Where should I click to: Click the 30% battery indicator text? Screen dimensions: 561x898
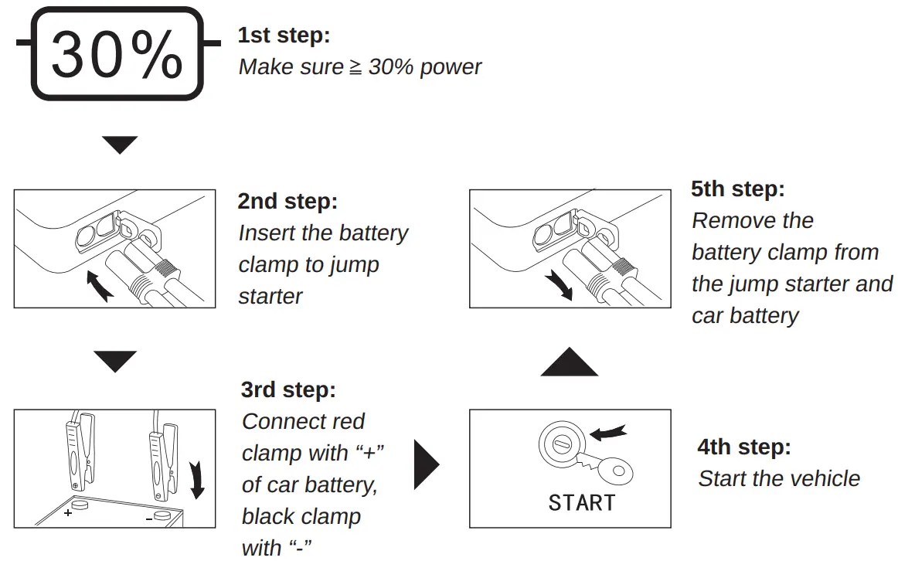coord(117,55)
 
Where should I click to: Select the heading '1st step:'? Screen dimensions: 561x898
coord(283,36)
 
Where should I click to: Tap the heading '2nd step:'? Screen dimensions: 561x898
coord(287,202)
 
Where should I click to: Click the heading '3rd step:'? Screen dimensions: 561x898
coord(288,390)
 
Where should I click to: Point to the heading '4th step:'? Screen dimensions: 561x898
coord(744,447)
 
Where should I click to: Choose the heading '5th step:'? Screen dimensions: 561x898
coord(738,189)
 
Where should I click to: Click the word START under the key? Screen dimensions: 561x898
coord(581,503)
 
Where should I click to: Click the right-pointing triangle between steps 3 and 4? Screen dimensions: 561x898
coord(426,465)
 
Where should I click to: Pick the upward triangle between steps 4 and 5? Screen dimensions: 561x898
coord(570,362)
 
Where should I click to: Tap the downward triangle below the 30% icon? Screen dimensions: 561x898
coord(120,144)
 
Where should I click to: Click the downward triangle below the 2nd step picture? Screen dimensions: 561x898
coord(115,361)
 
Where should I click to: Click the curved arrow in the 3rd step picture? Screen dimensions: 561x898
coord(196,479)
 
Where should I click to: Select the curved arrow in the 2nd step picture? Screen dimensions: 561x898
coord(98,284)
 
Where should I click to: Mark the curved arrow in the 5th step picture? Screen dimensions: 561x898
coord(558,284)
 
